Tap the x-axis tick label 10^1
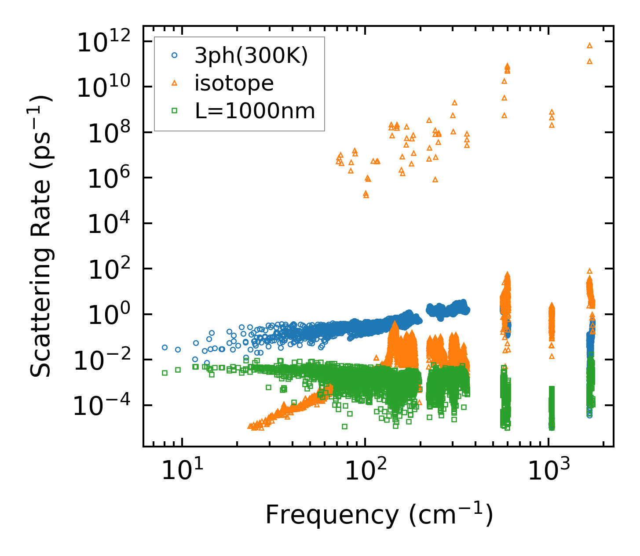click(x=182, y=471)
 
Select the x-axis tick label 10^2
click(x=365, y=471)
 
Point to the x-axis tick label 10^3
click(x=548, y=471)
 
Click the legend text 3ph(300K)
click(x=251, y=56)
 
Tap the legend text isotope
click(x=234, y=83)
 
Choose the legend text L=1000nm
click(x=255, y=111)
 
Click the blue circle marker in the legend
click(x=175, y=55)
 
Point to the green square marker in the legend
click(x=175, y=111)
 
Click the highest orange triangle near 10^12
click(x=589, y=45)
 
